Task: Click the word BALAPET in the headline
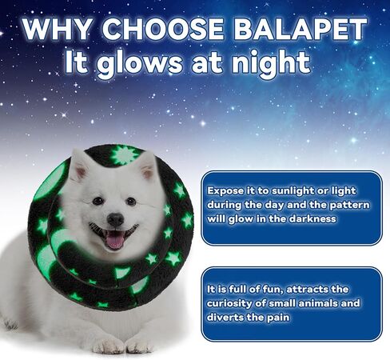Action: tap(300, 29)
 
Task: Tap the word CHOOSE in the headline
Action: tap(163, 29)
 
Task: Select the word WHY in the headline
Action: tap(57, 29)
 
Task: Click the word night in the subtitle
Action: tap(271, 63)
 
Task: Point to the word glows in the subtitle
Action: tap(139, 63)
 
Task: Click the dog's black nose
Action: tap(115, 219)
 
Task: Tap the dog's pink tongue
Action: tap(115, 241)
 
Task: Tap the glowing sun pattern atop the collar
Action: tap(125, 155)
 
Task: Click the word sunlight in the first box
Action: tap(292, 191)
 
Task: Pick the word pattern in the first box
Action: tap(349, 206)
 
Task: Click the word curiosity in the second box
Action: tap(229, 303)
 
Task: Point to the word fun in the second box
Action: tap(271, 290)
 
